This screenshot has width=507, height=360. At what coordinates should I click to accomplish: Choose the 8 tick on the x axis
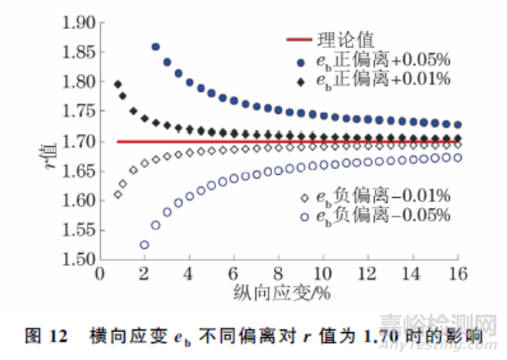point(279,273)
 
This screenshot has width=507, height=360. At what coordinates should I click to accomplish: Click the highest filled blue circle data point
point(155,47)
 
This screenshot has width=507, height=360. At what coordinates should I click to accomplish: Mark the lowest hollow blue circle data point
point(144,245)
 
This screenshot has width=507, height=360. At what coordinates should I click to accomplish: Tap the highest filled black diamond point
point(118,84)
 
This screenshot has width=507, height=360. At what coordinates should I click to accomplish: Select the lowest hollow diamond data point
point(118,194)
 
